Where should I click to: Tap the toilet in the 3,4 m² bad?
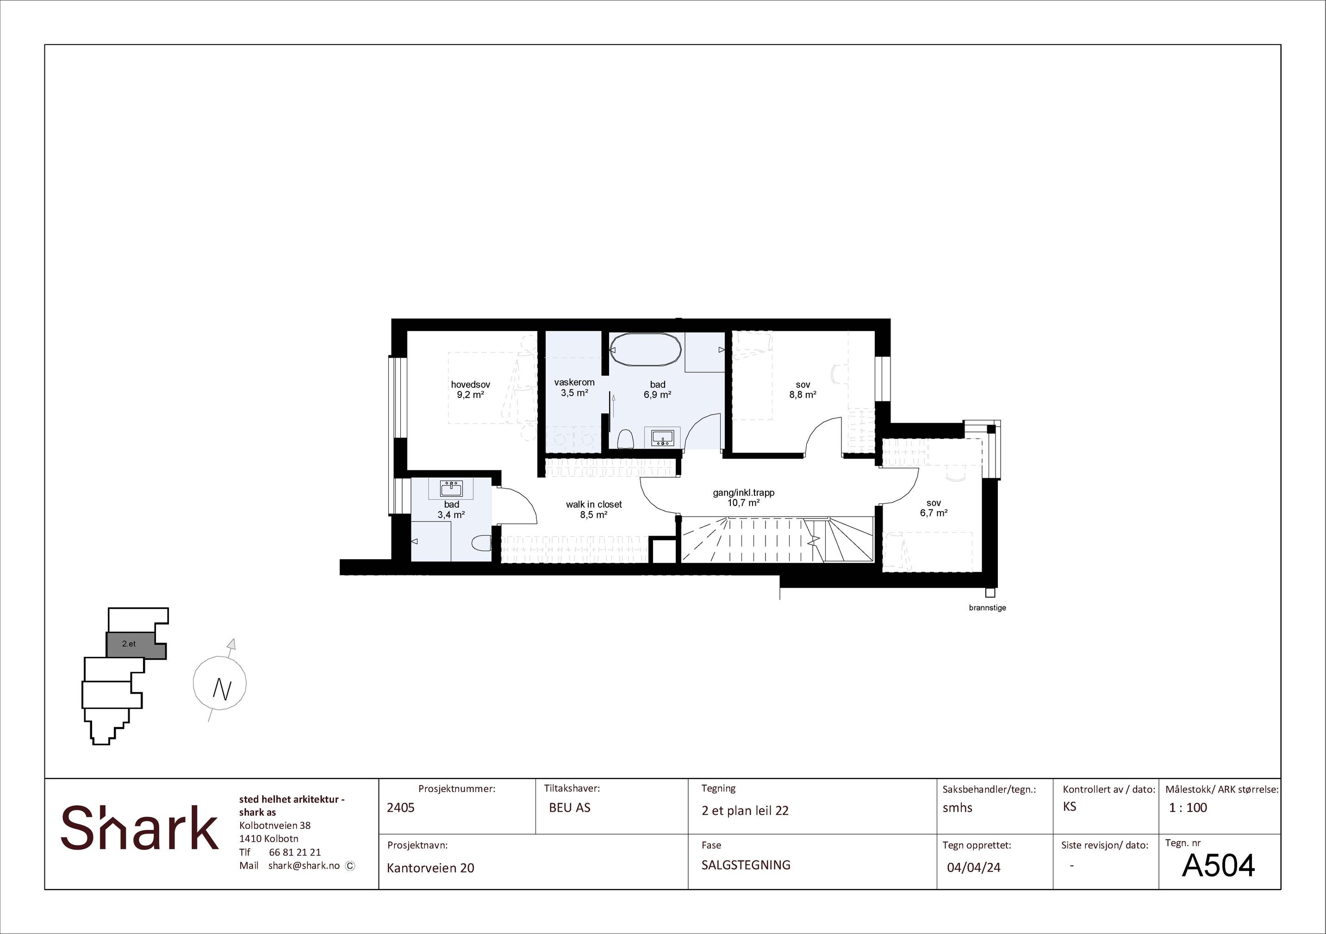(481, 543)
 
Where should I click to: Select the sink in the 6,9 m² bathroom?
(662, 438)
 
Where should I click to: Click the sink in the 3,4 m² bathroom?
(451, 489)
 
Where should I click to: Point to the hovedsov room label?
(470, 385)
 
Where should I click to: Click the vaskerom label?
(574, 382)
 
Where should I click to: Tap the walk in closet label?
(594, 504)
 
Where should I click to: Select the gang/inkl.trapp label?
(743, 493)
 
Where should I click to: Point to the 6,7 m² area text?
(934, 513)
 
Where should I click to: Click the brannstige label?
(988, 608)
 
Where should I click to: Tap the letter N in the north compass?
(222, 689)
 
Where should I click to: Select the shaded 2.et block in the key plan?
(136, 645)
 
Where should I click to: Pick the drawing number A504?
(1219, 865)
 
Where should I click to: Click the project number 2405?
(401, 808)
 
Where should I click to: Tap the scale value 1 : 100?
(1188, 808)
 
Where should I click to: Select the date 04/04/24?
(974, 867)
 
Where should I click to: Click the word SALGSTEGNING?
(746, 865)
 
